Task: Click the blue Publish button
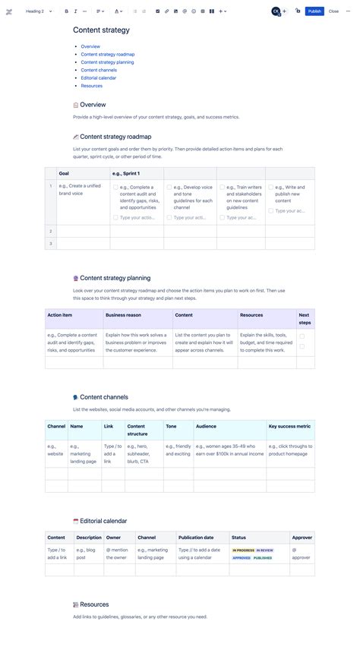click(x=314, y=11)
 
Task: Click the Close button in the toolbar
click(x=333, y=11)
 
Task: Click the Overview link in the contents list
click(x=90, y=46)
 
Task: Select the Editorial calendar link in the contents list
click(x=99, y=78)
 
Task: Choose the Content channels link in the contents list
click(x=99, y=70)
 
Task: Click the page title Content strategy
click(x=101, y=30)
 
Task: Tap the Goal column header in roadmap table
click(x=65, y=174)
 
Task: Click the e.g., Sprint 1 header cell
click(x=126, y=174)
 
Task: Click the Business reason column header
click(x=123, y=314)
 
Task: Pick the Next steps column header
click(x=304, y=318)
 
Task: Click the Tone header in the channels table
click(x=172, y=426)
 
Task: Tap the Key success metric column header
click(x=289, y=426)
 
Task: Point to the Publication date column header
click(x=196, y=538)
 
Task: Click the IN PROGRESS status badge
click(x=243, y=550)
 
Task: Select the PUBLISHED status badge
click(x=263, y=557)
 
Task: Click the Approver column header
click(x=302, y=538)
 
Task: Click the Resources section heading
click(x=94, y=604)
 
